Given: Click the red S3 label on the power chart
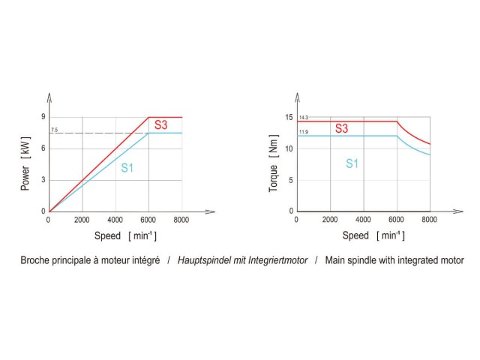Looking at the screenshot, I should (160, 124).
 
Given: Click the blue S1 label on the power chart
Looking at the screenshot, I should (127, 168).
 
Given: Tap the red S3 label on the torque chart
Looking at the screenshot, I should (341, 129).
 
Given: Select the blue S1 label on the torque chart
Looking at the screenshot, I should (352, 163).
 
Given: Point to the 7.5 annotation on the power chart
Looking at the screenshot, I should (54, 130).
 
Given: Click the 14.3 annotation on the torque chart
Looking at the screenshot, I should (303, 118).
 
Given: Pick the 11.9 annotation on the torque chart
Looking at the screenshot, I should (303, 132).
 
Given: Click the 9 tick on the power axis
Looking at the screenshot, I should (43, 117).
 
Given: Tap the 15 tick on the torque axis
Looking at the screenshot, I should (289, 117).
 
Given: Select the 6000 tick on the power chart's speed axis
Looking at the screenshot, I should (148, 220).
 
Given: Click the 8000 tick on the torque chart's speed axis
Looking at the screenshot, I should (430, 220).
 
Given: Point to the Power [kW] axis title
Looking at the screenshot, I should (25, 164).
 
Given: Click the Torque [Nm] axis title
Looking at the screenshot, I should (274, 164).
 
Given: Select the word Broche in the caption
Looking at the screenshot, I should (34, 261).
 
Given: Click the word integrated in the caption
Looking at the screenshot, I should (403, 261).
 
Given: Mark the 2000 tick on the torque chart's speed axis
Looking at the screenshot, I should (330, 220).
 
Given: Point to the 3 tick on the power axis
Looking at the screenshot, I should (43, 180).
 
